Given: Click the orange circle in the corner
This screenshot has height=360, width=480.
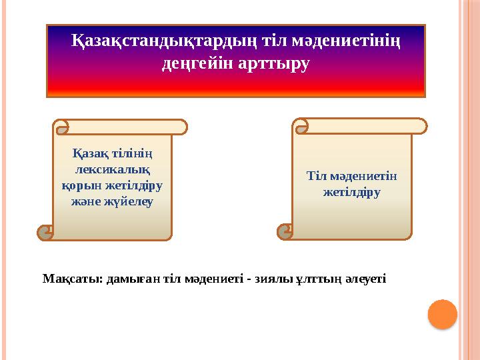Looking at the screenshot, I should (x=442, y=314).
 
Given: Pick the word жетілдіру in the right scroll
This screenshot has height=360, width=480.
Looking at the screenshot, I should (x=351, y=193).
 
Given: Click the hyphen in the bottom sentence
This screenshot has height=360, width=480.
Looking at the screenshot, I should (x=248, y=279).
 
